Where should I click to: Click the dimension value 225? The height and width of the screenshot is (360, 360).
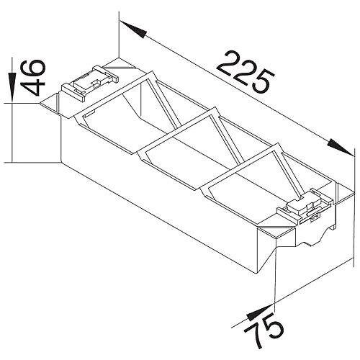246,71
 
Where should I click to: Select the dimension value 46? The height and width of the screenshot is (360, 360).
32,78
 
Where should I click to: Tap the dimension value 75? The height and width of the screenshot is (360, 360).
264,331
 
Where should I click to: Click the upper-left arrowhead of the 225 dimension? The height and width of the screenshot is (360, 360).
133,30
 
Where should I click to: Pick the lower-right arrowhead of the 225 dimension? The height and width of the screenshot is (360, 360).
341,147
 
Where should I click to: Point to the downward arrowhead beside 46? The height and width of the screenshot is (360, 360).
12,87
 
